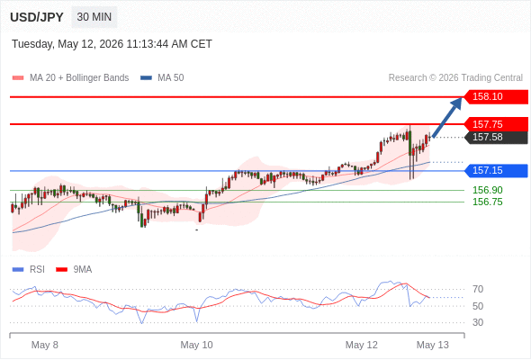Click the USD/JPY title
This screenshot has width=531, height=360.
coord(37,17)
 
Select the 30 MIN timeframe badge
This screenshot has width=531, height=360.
coord(94,17)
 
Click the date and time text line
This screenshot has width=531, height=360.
coord(112,44)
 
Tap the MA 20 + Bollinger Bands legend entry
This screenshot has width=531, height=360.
coord(70,78)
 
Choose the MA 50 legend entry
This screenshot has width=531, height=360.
coord(162,78)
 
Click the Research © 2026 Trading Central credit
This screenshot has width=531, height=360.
coord(455,78)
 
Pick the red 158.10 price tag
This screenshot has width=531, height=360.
coord(495,97)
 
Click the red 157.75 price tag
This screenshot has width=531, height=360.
coord(495,124)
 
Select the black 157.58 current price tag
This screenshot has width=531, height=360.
coord(495,137)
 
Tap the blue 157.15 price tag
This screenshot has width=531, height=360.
coord(495,170)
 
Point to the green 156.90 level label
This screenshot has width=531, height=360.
coord(488,190)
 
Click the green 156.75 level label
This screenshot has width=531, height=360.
coord(488,202)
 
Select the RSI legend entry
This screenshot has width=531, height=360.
coord(29,270)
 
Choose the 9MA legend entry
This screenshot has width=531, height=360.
coord(74,270)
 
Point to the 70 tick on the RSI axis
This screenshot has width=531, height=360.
coord(478,289)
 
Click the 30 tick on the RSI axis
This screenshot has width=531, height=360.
coord(478,322)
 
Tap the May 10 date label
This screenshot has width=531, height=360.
coord(196,345)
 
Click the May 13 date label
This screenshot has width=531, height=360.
coord(433,345)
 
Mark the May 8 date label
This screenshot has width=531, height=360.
coord(45,345)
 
